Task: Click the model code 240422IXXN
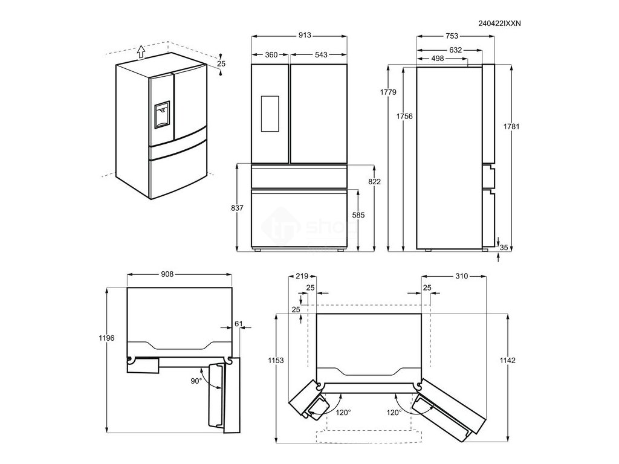click(x=499, y=23)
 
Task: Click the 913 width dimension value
click(x=304, y=36)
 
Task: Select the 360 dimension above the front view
click(x=271, y=55)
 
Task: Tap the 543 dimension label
click(x=320, y=55)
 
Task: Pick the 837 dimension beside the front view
click(x=238, y=208)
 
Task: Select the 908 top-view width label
click(x=167, y=274)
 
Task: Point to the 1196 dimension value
click(x=106, y=338)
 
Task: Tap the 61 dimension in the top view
click(x=238, y=324)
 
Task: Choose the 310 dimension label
click(x=462, y=276)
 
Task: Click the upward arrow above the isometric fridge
click(x=140, y=51)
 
